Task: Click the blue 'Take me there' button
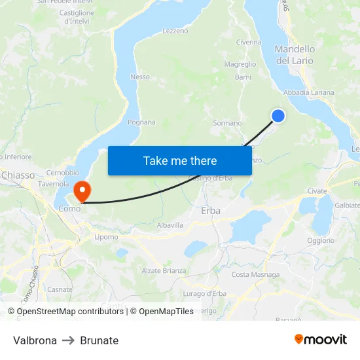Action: tap(180, 160)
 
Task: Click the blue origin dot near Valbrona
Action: tap(278, 115)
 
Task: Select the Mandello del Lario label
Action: tap(295, 55)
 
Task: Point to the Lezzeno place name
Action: tap(175, 31)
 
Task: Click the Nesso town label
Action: tap(140, 77)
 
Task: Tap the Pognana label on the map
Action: tap(141, 122)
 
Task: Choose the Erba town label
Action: tap(211, 211)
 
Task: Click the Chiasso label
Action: tap(18, 175)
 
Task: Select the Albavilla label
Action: tap(170, 225)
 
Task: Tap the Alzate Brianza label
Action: tap(164, 270)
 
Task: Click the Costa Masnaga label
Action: tap(255, 274)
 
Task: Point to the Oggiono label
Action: tap(321, 240)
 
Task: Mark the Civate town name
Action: tap(317, 191)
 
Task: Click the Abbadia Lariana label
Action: tap(309, 92)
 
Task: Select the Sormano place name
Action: tap(227, 123)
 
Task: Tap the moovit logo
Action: tap(321, 339)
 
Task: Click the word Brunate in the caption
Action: tap(99, 340)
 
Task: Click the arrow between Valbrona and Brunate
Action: tap(69, 340)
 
